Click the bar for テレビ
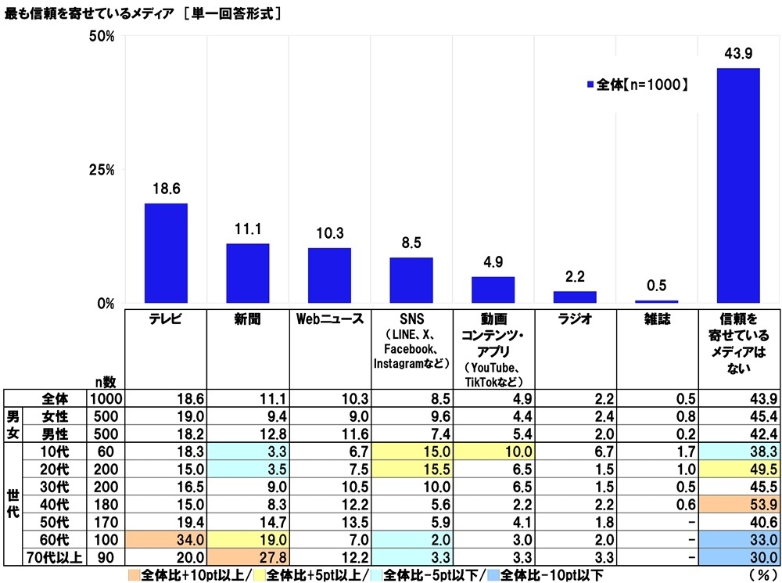pos(166,253)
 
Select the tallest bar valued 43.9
pos(738,185)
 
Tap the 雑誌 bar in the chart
pos(656,301)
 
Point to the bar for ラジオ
pos(575,297)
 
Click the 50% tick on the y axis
pos(102,37)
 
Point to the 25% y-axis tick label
pos(102,170)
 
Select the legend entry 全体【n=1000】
pos(637,84)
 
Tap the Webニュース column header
pos(329,319)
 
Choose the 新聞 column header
pos(248,319)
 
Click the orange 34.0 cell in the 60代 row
pos(166,541)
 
